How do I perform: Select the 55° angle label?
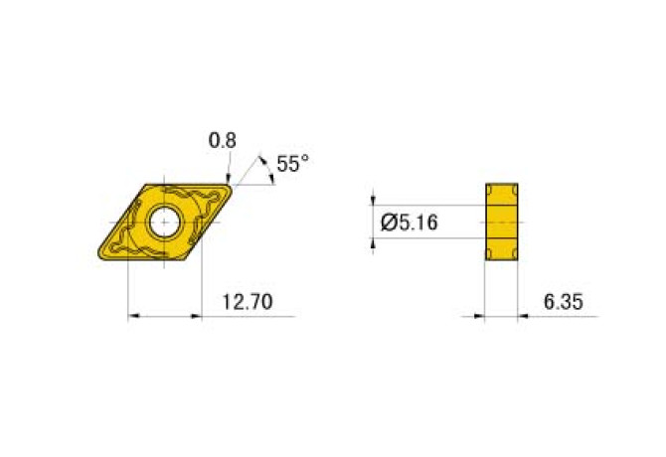292,165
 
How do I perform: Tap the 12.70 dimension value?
248,301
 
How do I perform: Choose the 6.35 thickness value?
564,301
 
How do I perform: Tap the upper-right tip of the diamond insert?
232,185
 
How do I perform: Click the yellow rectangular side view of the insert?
503,223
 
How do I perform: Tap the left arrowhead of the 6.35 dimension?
479,317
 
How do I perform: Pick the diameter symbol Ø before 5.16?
390,223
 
